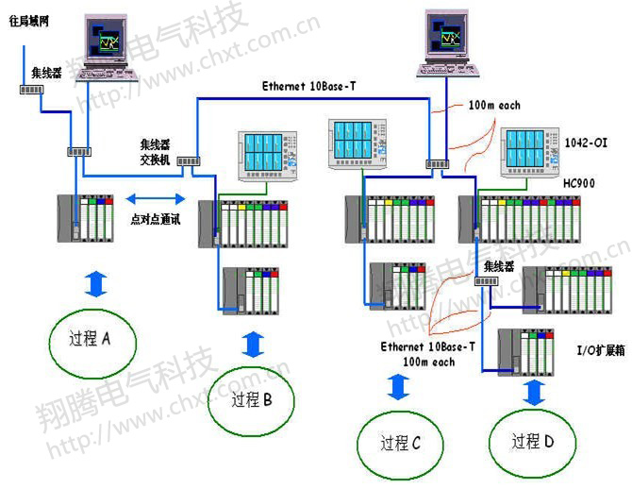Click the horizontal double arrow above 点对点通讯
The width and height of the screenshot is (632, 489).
157,198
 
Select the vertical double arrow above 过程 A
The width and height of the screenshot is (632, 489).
99,281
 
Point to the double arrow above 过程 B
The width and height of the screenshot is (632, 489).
252,343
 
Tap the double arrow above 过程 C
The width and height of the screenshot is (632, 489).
399,387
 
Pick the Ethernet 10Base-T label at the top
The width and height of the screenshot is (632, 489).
308,86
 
